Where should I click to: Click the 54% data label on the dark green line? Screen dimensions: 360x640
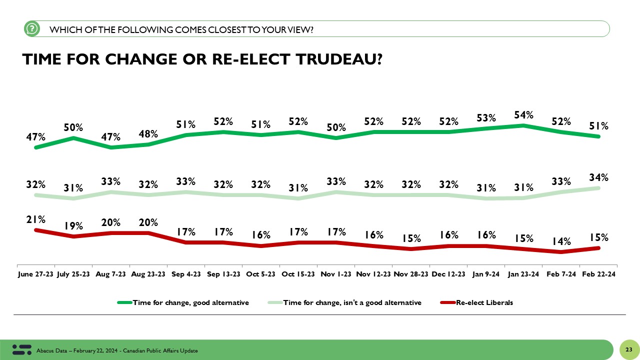(x=523, y=115)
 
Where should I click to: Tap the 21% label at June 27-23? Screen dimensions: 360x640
(x=36, y=219)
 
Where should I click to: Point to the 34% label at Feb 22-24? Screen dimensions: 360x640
(x=598, y=177)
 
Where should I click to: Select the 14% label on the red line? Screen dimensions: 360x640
(x=561, y=241)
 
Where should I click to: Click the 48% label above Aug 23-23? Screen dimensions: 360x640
(x=148, y=134)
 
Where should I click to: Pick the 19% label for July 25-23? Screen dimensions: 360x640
(x=73, y=226)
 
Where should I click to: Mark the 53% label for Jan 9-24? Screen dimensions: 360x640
(x=486, y=118)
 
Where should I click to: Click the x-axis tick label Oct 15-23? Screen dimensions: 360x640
(x=298, y=274)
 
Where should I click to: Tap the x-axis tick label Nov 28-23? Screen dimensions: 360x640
(x=411, y=274)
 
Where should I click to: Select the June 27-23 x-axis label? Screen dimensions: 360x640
(x=35, y=274)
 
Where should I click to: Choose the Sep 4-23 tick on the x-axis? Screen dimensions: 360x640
(x=186, y=274)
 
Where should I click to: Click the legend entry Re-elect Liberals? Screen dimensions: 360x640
(x=484, y=302)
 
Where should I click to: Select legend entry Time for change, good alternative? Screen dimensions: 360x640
(x=190, y=302)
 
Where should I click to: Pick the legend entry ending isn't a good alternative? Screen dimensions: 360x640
(x=352, y=302)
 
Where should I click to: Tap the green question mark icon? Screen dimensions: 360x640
(x=31, y=29)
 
